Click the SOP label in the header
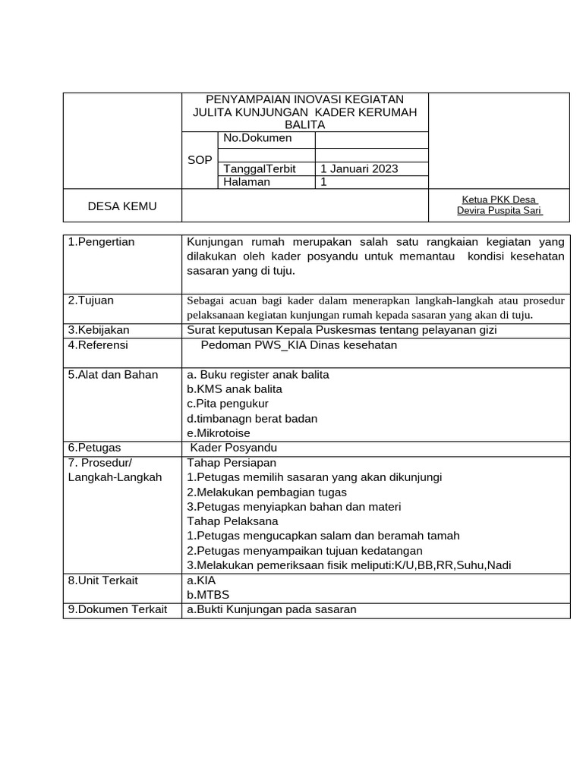[200, 160]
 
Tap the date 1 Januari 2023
[359, 168]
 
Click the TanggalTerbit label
[259, 168]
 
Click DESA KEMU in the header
[122, 206]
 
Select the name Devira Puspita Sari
[499, 211]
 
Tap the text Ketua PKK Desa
[499, 200]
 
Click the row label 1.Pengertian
[101, 242]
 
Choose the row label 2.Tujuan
[90, 300]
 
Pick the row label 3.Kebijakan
[99, 330]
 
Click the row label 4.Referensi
[98, 345]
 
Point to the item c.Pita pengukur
[228, 404]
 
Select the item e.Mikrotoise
[219, 433]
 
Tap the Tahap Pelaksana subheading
[232, 521]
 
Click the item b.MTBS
[208, 595]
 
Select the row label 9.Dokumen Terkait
[117, 609]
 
